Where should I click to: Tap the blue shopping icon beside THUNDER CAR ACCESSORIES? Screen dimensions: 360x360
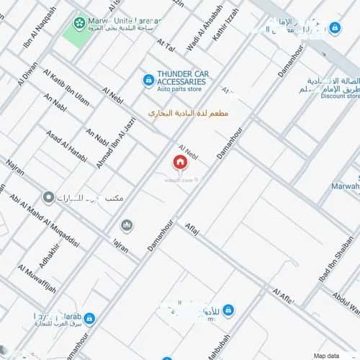pos(148,79)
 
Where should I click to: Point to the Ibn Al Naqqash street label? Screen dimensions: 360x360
pos(39,27)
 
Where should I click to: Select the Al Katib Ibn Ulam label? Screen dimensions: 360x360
pos(66,86)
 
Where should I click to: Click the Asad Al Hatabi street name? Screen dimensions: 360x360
pos(66,144)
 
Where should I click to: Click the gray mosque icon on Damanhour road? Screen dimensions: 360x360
pos(127,225)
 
